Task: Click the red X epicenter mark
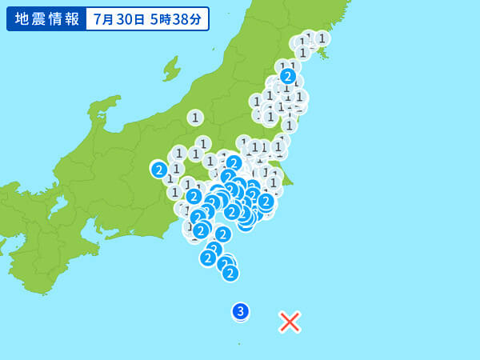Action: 290,322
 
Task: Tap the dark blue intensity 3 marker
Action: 241,311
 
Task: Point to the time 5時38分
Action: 176,19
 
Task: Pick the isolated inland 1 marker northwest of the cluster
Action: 195,118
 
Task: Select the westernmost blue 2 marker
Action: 159,169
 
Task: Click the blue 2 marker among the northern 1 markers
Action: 288,76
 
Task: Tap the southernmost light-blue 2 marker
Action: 230,273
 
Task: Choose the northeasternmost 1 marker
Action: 322,38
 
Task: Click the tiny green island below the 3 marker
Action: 239,343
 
